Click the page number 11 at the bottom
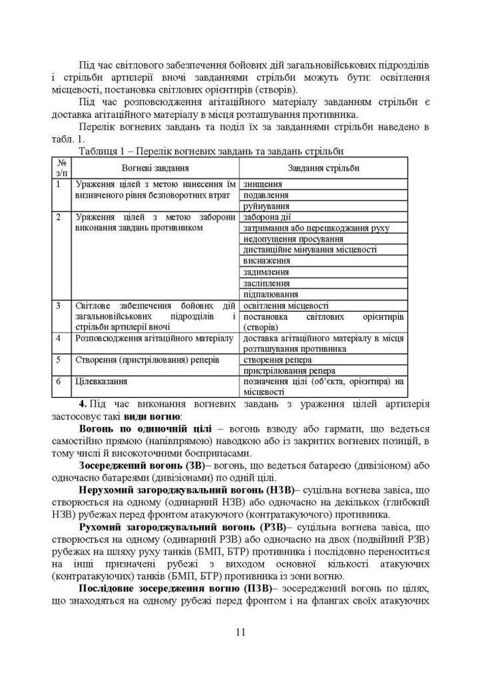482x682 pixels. point(241,631)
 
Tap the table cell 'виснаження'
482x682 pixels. point(267,261)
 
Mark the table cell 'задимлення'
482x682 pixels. point(266,271)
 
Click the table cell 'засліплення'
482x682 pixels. point(267,282)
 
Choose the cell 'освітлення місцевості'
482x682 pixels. point(286,306)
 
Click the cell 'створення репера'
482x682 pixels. point(277,359)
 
